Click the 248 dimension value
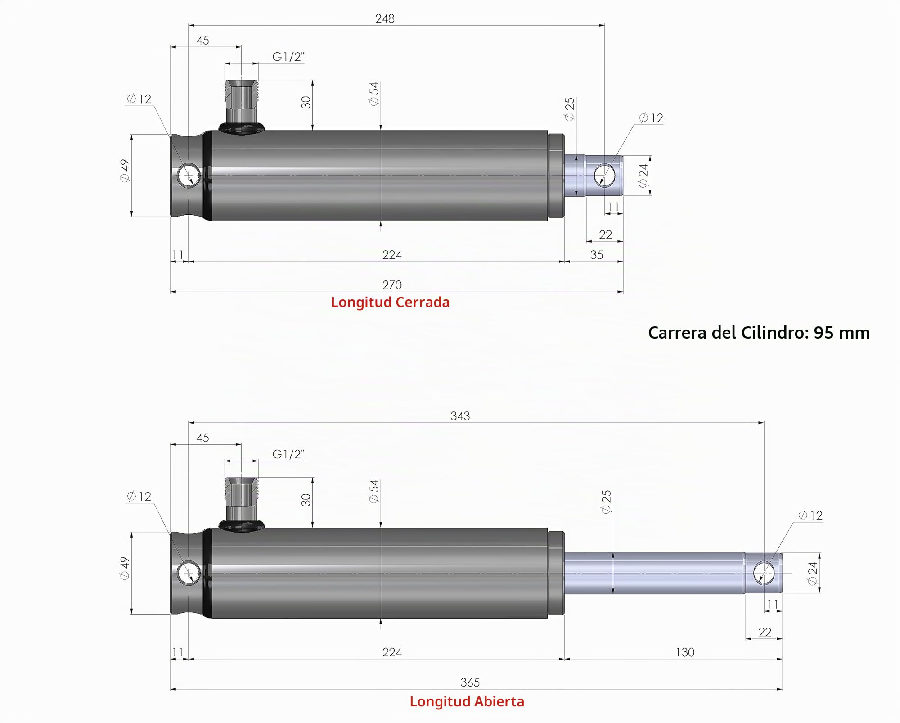(x=385, y=18)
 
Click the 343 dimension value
(x=460, y=416)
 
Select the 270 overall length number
(x=392, y=285)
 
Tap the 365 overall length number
(x=470, y=682)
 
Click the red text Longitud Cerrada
(x=390, y=302)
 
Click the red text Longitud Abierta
(x=467, y=701)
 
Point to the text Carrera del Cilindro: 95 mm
(x=759, y=333)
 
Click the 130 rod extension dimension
(x=685, y=652)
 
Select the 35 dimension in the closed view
(x=597, y=255)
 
